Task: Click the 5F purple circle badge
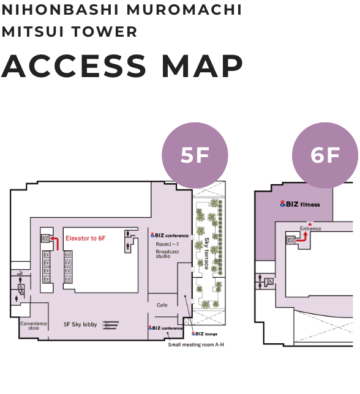tap(195, 155)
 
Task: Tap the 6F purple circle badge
tap(325, 155)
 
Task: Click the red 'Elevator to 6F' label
tap(86, 238)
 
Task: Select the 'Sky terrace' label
tap(207, 253)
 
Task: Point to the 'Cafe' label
tap(162, 305)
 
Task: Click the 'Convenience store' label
tap(34, 325)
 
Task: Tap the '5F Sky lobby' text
tap(80, 324)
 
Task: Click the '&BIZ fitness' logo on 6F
tap(300, 204)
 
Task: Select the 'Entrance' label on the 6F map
tap(310, 228)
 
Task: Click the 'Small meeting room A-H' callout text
tap(196, 344)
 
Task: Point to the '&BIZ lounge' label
tap(204, 333)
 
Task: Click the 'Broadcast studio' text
tap(167, 254)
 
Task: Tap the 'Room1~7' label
tap(167, 244)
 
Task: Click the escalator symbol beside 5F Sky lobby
tap(111, 325)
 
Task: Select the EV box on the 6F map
tap(291, 240)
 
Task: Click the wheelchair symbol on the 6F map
tap(270, 281)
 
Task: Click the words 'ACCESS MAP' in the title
tap(122, 66)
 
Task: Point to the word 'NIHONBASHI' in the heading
tap(60, 10)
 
